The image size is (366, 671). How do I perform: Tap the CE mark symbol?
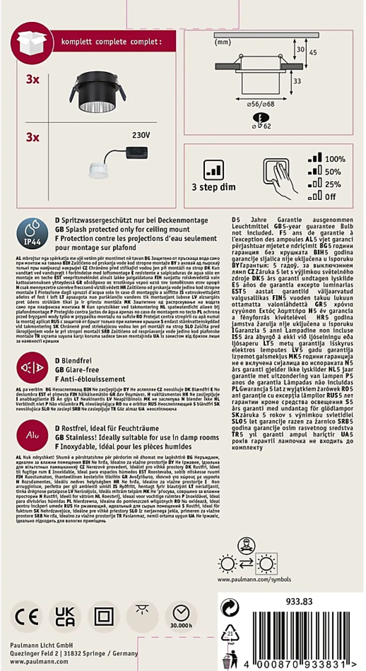(27, 617)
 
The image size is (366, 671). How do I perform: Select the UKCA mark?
(65, 617)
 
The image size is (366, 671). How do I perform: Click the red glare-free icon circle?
(32, 368)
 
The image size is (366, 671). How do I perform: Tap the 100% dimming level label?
(335, 159)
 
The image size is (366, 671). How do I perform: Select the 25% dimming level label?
(333, 184)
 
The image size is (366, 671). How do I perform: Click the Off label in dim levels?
(330, 197)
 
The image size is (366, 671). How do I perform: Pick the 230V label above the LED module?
(141, 135)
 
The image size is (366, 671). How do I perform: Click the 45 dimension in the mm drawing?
(313, 52)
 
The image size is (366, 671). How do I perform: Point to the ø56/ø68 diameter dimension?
(260, 104)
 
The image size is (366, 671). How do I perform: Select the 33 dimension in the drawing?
(297, 81)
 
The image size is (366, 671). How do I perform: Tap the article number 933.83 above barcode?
(299, 602)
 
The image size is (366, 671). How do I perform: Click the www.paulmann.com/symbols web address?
(254, 579)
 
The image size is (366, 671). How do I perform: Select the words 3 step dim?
(214, 187)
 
